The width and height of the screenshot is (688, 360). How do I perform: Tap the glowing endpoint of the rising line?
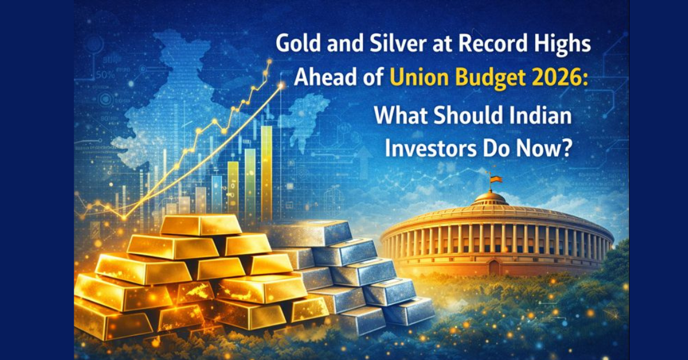[281, 86]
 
